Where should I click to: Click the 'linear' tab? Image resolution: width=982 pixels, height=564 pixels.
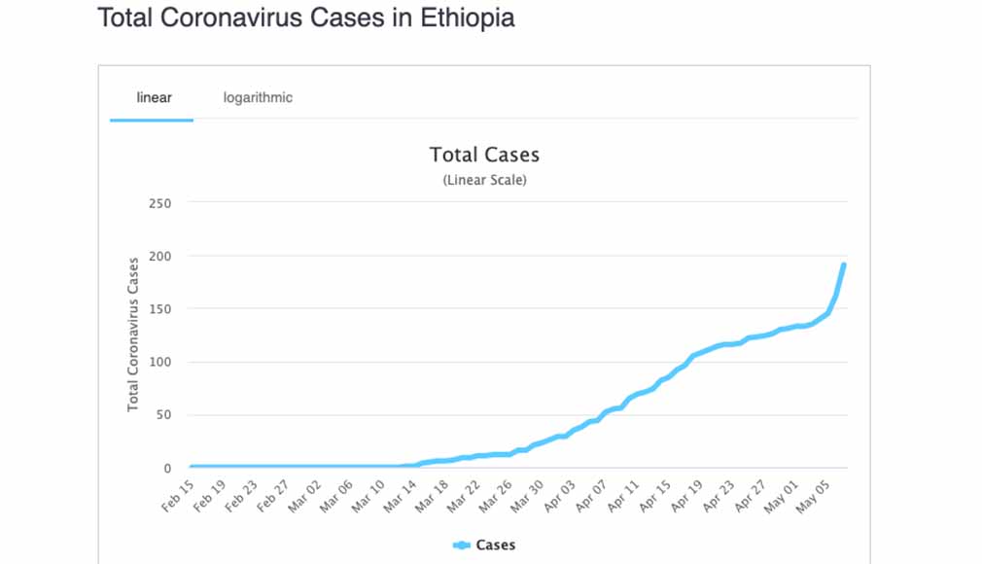pyautogui.click(x=154, y=97)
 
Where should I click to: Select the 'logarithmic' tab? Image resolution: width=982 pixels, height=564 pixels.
pyautogui.click(x=258, y=97)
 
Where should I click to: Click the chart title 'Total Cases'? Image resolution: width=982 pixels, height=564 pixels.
pyautogui.click(x=484, y=155)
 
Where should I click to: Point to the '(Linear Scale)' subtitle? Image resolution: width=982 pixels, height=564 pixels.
pyautogui.click(x=484, y=180)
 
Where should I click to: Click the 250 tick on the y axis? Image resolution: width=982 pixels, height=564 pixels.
pyautogui.click(x=159, y=203)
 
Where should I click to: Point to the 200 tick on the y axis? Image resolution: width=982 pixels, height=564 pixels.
pyautogui.click(x=159, y=256)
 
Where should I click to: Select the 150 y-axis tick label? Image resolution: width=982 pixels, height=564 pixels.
pyautogui.click(x=159, y=309)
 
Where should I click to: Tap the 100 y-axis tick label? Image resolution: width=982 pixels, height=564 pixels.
pyautogui.click(x=159, y=362)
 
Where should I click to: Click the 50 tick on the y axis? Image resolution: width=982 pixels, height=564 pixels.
pyautogui.click(x=162, y=415)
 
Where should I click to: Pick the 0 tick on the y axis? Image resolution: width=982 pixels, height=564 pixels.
pyautogui.click(x=166, y=468)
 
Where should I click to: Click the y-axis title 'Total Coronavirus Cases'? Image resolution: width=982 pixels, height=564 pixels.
pyautogui.click(x=133, y=335)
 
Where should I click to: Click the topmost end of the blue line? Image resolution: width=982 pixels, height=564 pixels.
pyautogui.click(x=843, y=264)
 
